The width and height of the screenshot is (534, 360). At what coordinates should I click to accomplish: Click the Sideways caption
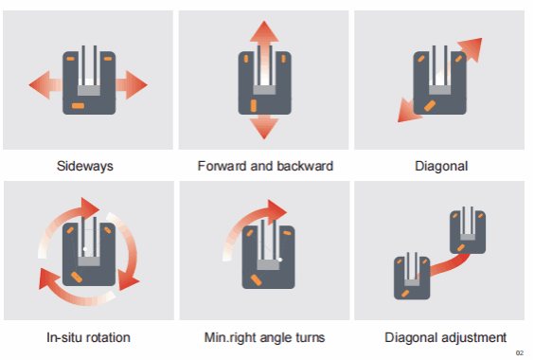click(85, 166)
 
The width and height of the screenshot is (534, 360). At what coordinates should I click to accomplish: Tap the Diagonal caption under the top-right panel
click(441, 166)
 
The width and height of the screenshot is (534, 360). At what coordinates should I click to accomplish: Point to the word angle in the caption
click(276, 338)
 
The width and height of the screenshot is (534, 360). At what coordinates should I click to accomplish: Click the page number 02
click(520, 352)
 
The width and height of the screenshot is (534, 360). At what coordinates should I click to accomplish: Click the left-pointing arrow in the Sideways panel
click(45, 85)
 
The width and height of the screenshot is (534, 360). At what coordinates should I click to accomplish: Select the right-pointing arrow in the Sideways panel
click(132, 85)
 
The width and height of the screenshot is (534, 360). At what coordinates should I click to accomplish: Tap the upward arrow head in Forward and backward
click(264, 31)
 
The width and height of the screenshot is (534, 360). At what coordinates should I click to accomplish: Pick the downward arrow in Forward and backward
click(264, 127)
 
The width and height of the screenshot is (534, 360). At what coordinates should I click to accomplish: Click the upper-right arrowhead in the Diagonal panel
click(472, 48)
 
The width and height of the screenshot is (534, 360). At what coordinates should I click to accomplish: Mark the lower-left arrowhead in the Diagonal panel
click(408, 111)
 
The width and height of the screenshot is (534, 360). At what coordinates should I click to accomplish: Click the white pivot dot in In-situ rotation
click(85, 249)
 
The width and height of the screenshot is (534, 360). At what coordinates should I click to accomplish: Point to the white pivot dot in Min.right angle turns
click(280, 260)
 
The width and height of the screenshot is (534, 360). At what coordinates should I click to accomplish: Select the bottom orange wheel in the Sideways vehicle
click(78, 106)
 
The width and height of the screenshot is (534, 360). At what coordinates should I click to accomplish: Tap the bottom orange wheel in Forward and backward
click(254, 106)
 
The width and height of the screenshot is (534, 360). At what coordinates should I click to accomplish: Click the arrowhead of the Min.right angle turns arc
click(276, 209)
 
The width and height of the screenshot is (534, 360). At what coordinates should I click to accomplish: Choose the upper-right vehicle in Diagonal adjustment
click(468, 231)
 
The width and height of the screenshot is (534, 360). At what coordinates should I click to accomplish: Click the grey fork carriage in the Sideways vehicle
click(89, 90)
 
